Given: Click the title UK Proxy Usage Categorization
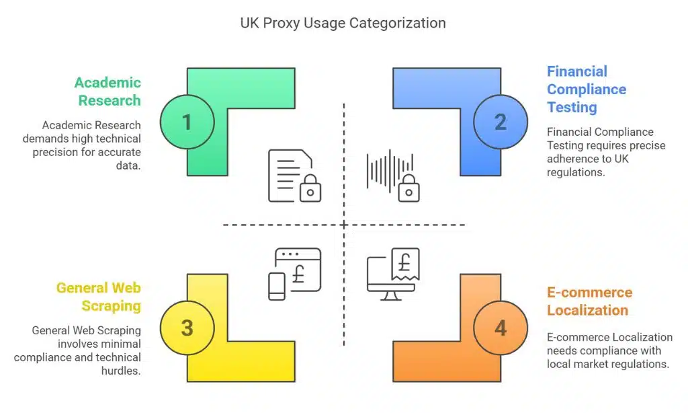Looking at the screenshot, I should click(343, 23).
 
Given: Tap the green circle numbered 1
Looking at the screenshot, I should click(187, 122).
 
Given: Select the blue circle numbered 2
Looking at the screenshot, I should click(500, 122).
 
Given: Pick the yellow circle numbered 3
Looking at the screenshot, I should click(187, 328).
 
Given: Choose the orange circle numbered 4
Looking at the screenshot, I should click(500, 328).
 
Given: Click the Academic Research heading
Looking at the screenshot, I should click(108, 91).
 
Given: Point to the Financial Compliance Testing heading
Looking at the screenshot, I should click(586, 89).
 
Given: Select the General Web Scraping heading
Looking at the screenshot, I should click(99, 297).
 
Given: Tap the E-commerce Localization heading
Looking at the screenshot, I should click(589, 301).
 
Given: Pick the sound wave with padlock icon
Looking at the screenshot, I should click(393, 176).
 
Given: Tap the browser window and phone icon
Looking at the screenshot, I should click(294, 273).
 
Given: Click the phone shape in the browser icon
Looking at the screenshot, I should click(277, 286).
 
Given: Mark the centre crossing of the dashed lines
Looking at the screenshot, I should click(344, 224).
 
